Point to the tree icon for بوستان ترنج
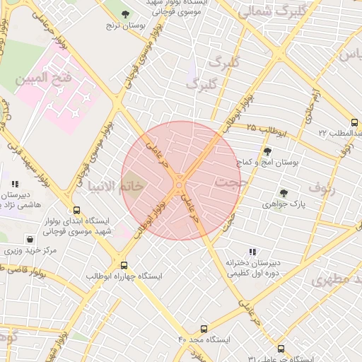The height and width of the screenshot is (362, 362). click(x=125, y=14)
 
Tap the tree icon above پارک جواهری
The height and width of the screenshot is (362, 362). click(x=284, y=192)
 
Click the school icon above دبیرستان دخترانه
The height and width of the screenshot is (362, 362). click(x=252, y=251)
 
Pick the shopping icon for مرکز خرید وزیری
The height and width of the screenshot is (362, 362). click(x=29, y=239)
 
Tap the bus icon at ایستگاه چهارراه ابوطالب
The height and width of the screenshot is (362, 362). click(x=124, y=264)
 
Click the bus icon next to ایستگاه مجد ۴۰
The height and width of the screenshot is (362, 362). click(x=204, y=329)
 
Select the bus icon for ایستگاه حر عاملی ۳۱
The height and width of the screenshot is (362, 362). click(x=281, y=348)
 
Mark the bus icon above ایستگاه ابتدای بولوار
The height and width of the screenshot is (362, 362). click(x=76, y=210)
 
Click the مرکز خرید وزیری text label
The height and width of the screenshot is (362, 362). click(x=29, y=251)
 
